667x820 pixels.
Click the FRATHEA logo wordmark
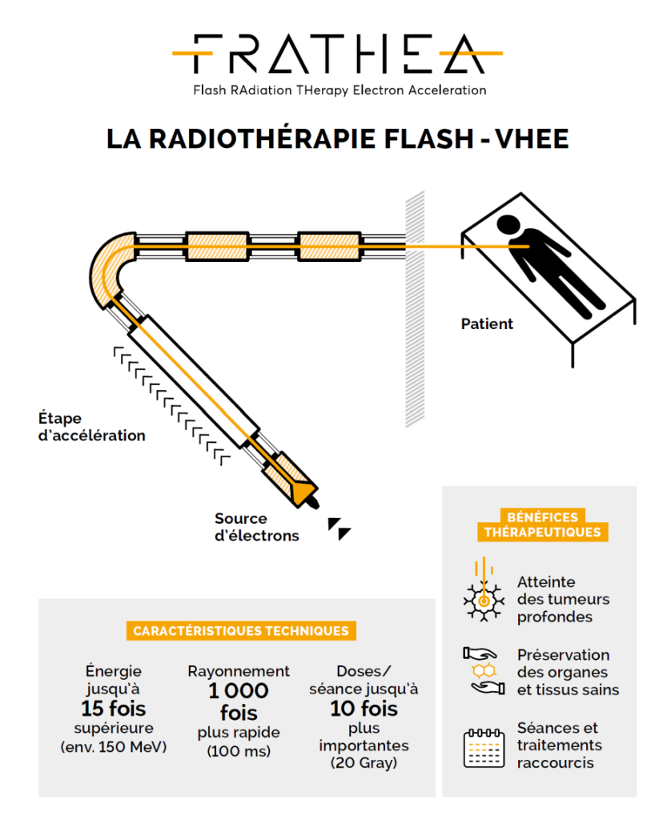(x=337, y=54)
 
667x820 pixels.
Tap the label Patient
(x=487, y=324)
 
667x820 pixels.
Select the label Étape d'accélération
(x=91, y=427)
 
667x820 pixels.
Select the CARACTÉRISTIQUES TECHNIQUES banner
(x=241, y=631)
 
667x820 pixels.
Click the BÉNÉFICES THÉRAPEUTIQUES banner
(x=541, y=525)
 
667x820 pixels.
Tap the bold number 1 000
(x=239, y=691)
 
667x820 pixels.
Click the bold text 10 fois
(x=364, y=709)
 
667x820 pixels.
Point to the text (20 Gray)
(x=364, y=763)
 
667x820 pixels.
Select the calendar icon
(x=483, y=747)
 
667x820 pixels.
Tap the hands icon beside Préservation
(x=483, y=671)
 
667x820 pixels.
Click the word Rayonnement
(x=239, y=671)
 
